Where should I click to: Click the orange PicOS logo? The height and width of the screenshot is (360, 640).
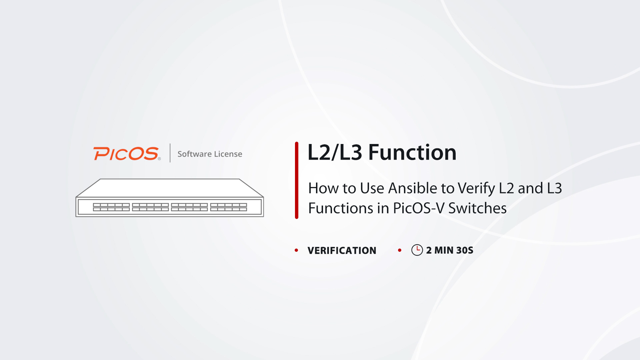[x=127, y=154]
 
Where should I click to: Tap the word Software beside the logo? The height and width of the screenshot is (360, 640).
[x=195, y=154]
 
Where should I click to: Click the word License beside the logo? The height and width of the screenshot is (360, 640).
[x=228, y=154]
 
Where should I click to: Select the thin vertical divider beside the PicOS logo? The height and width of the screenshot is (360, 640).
[x=170, y=153]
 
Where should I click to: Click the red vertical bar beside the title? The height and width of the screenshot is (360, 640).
[x=297, y=180]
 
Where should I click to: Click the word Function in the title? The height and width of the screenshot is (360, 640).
[x=412, y=152]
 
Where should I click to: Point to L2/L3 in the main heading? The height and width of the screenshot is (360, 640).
[x=335, y=152]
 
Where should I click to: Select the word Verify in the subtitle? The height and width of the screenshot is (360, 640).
[x=476, y=189]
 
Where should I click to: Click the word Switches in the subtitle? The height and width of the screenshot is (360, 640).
[x=477, y=208]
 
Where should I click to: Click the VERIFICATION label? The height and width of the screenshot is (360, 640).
[x=342, y=250]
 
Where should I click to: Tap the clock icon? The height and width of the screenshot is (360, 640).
[x=417, y=250]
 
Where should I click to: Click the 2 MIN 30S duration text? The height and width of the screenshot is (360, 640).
[x=450, y=250]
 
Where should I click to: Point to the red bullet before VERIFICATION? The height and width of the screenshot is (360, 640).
[x=296, y=250]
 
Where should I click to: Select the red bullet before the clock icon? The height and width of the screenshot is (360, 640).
[x=400, y=250]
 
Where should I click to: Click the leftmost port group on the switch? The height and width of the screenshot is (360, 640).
[x=111, y=207]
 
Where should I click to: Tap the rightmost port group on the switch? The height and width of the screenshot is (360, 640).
[x=229, y=207]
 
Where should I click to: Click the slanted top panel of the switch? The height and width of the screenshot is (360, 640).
[x=170, y=188]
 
